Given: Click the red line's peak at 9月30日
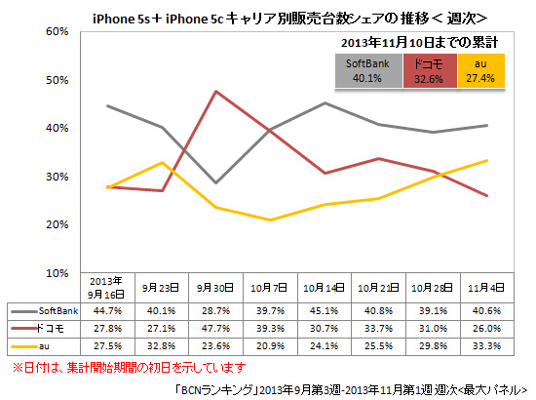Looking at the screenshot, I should [x=215, y=92].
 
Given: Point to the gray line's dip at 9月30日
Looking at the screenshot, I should [x=215, y=182].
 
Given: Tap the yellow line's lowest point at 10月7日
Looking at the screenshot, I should [x=270, y=220].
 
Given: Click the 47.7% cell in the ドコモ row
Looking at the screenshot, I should [x=215, y=329].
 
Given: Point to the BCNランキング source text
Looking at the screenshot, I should [x=351, y=387].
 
